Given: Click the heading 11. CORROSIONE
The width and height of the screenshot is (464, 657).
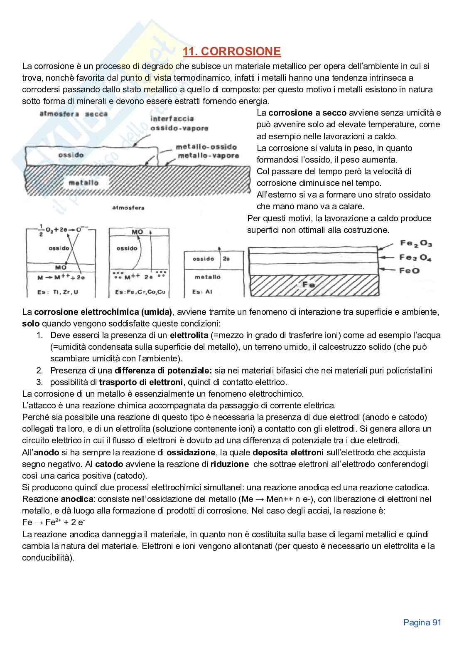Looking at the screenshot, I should click(x=232, y=52).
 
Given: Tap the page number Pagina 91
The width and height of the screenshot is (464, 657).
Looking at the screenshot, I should click(x=422, y=622).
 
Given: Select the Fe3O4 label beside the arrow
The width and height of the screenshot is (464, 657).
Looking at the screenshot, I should click(x=415, y=258).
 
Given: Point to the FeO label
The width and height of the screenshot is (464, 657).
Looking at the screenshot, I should click(x=410, y=271).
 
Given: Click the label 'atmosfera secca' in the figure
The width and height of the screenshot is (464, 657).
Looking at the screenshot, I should click(x=74, y=114).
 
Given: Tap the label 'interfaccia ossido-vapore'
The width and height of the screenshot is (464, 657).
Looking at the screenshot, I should click(x=179, y=123).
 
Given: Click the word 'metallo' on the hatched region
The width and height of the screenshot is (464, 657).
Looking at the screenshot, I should click(x=83, y=183).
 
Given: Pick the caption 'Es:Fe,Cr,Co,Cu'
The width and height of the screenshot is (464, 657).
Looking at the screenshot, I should click(x=140, y=292).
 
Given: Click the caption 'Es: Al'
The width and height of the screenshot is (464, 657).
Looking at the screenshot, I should click(x=202, y=292).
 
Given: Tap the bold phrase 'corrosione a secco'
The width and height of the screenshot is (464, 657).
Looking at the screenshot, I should click(x=307, y=113).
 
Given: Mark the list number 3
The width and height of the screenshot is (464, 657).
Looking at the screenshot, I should click(x=39, y=382).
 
